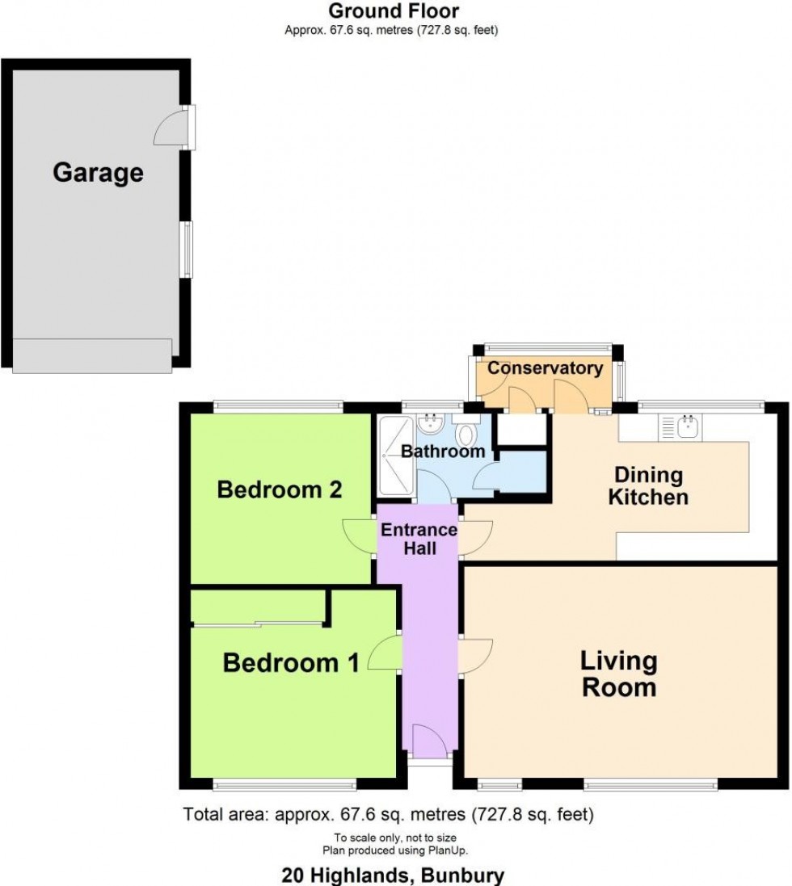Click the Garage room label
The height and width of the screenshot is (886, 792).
98,173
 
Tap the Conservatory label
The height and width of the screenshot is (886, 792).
546,367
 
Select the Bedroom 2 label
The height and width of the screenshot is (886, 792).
280,489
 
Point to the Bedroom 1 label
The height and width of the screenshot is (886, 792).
291,662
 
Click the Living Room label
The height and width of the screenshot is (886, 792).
619,674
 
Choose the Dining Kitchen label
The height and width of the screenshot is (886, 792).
648,486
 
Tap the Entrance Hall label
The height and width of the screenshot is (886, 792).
419,539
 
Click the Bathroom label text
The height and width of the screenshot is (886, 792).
443,451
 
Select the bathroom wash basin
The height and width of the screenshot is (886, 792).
432,424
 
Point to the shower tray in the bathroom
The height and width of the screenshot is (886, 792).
396,456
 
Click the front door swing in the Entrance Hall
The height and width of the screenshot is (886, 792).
431,741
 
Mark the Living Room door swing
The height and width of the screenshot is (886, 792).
475,656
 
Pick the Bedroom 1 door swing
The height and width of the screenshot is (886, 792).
385,653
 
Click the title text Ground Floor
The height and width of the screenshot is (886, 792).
394,10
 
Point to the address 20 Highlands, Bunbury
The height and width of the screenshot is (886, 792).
393,876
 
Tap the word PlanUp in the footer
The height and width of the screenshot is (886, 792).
449,850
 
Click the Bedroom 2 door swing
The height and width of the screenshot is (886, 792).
360,537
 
